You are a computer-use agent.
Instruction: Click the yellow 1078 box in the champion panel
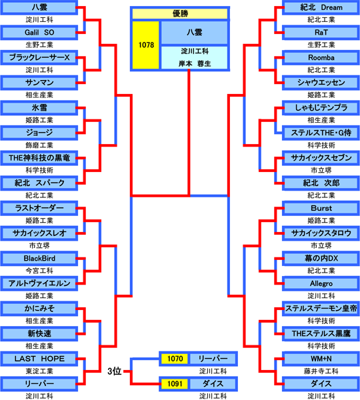[x=146, y=45]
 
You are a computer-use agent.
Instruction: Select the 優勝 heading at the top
[x=180, y=13]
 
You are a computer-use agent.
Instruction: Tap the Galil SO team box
[x=39, y=33]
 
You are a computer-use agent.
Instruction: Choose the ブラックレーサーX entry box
[x=39, y=57]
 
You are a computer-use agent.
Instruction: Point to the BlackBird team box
[x=39, y=259]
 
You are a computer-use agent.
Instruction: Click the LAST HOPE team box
[x=39, y=359]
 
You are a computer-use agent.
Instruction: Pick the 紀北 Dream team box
[x=321, y=7]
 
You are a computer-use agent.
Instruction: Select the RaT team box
[x=321, y=33]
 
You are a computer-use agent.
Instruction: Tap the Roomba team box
[x=321, y=57]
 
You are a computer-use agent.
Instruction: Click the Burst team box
[x=321, y=208]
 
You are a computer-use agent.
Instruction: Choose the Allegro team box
[x=321, y=283]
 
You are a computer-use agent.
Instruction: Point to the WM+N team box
[x=321, y=359]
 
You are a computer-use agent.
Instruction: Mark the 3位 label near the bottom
[x=114, y=371]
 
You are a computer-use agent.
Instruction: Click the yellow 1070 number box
[x=175, y=359]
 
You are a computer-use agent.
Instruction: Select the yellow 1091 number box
[x=175, y=384]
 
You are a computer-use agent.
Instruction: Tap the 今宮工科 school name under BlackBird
[x=39, y=271]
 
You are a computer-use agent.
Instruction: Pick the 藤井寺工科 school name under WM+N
[x=321, y=371]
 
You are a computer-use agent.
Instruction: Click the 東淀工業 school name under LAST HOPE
[x=39, y=371]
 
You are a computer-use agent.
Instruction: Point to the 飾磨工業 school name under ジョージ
[x=39, y=145]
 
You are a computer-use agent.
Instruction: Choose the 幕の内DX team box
[x=321, y=259]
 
